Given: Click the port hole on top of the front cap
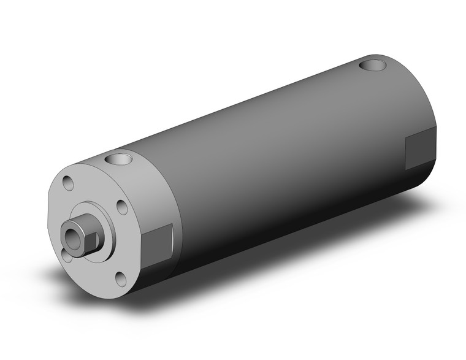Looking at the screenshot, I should [x=117, y=161].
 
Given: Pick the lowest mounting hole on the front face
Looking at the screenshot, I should [x=121, y=279].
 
